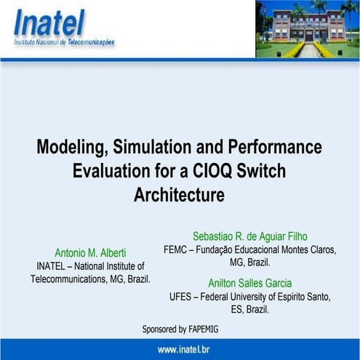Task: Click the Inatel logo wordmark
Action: point(49,24)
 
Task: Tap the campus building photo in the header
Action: point(308,28)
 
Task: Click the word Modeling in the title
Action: point(69,147)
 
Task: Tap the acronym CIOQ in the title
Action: point(214,171)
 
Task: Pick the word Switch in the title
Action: point(262,171)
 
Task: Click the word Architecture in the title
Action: point(179,195)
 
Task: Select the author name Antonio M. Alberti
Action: point(90,253)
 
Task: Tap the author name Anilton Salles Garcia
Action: point(249,284)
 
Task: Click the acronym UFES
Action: point(183,297)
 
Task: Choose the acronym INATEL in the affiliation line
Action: point(52,266)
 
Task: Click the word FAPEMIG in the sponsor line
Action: point(201,329)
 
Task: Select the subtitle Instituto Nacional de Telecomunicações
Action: point(64,43)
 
